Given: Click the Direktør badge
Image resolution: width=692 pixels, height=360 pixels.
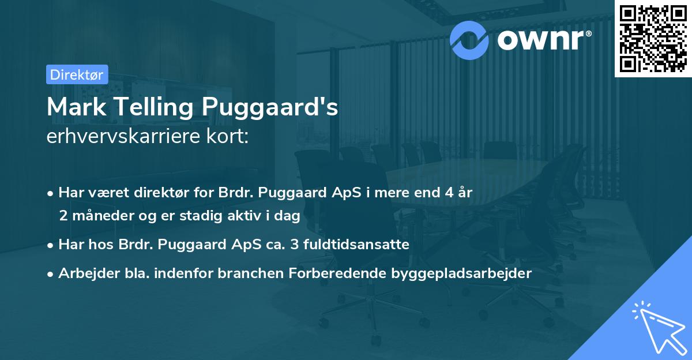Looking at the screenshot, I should [77, 74].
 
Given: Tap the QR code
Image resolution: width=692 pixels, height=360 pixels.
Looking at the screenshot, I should [653, 39].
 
